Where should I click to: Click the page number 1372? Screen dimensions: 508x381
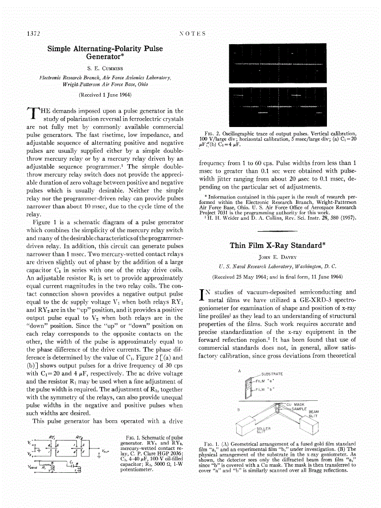pyautogui.click(x=33, y=33)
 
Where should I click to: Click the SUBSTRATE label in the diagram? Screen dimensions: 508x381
pyautogui.click(x=272, y=374)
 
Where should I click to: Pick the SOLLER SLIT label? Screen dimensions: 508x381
pyautogui.click(x=263, y=430)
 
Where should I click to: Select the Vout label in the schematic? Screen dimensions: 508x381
pyautogui.click(x=106, y=451)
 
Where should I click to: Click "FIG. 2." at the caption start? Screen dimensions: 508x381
pyautogui.click(x=206, y=133)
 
